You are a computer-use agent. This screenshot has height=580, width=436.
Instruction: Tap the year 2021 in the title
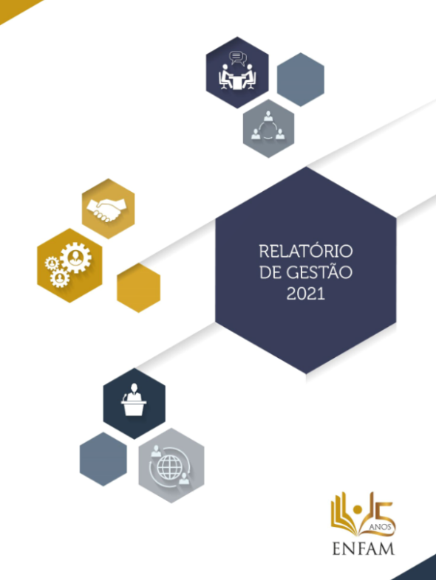click(x=306, y=294)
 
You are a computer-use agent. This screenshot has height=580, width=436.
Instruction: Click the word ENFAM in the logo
click(x=364, y=548)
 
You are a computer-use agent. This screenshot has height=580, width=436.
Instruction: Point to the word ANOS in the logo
click(x=380, y=527)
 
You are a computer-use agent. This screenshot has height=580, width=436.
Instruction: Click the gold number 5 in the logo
click(x=381, y=512)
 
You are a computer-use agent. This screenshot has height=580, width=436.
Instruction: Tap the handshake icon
click(x=106, y=210)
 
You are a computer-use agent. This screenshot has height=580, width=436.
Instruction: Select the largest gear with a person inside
click(x=76, y=258)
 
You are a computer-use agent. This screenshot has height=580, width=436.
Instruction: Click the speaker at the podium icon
click(x=134, y=399)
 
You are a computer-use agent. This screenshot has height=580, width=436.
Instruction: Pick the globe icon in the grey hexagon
click(x=170, y=467)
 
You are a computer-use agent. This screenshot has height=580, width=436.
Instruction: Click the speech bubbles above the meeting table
click(x=238, y=58)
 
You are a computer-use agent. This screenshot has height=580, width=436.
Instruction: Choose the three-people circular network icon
click(x=268, y=126)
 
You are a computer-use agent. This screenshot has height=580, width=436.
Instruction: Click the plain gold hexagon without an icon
click(x=138, y=288)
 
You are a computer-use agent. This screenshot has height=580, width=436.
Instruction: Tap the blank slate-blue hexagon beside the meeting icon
click(x=301, y=80)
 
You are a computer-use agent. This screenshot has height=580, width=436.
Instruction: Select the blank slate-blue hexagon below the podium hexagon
click(x=103, y=459)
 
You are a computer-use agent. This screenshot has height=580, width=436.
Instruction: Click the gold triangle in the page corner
click(x=14, y=8)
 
